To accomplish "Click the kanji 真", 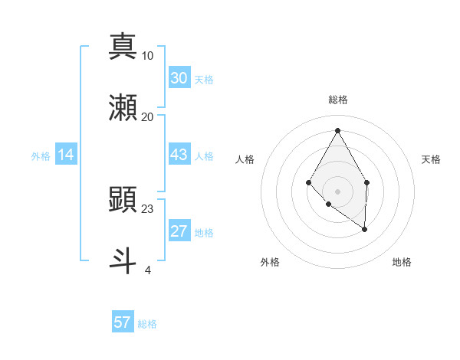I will pyautogui.click(x=123, y=47).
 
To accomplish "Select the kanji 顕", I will pyautogui.click(x=123, y=199).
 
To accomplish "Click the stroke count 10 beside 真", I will pyautogui.click(x=148, y=56).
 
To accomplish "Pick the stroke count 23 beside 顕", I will pyautogui.click(x=148, y=208).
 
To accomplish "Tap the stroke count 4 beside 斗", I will pyautogui.click(x=148, y=270).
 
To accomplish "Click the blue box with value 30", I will pyautogui.click(x=179, y=78).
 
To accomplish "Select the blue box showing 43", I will pyautogui.click(x=179, y=155).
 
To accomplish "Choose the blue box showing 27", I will pyautogui.click(x=179, y=231).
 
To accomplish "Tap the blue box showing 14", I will pyautogui.click(x=66, y=155).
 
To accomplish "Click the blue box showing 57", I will pyautogui.click(x=123, y=322).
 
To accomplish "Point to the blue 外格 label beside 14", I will pyautogui.click(x=41, y=156).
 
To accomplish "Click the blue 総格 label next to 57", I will pyautogui.click(x=147, y=324).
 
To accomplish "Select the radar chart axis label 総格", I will pyautogui.click(x=337, y=100).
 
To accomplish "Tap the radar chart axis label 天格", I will pyautogui.click(x=431, y=159).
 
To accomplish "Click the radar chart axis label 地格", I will pyautogui.click(x=402, y=262).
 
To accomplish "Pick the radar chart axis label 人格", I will pyautogui.click(x=245, y=159).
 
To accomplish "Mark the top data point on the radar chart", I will pyautogui.click(x=337, y=129).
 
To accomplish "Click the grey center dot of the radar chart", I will pyautogui.click(x=337, y=191).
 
